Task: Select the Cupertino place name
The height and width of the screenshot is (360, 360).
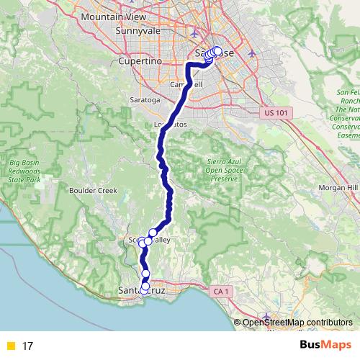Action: [x=137, y=62]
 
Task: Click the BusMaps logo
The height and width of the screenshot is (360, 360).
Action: [x=325, y=346]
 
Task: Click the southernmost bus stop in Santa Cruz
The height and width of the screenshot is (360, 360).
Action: [x=144, y=290]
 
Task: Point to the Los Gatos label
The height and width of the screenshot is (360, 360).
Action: [x=170, y=124]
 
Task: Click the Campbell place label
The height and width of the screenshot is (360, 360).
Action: [x=184, y=84]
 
